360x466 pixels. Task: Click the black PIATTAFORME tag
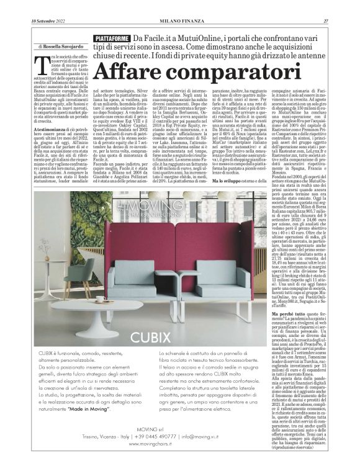110,38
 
